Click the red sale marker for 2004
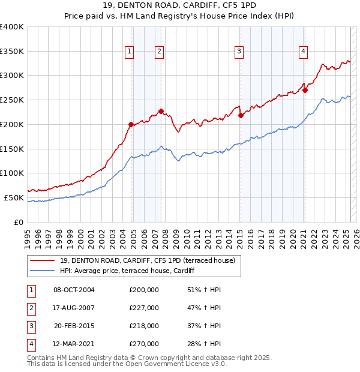pyautogui.click(x=131, y=124)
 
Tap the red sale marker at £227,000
pyautogui.click(x=161, y=111)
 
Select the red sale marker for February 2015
pyautogui.click(x=241, y=115)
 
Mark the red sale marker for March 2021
pyautogui.click(x=305, y=90)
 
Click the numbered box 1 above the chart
pyautogui.click(x=129, y=52)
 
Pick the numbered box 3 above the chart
pyautogui.click(x=239, y=52)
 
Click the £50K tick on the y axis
pyautogui.click(x=14, y=197)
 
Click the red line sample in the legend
pyautogui.click(x=42, y=260)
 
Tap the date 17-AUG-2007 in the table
pyautogui.click(x=74, y=308)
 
